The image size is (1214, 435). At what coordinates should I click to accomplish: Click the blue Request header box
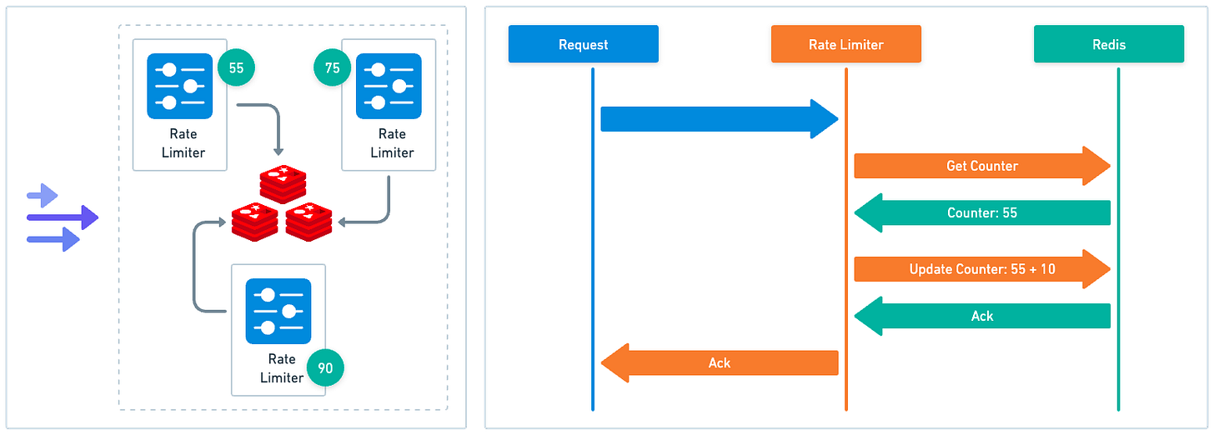(583, 44)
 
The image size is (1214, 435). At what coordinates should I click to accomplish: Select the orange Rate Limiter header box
(845, 44)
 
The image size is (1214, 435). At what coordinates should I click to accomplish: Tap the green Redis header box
(1108, 44)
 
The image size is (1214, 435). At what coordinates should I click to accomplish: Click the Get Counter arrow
(981, 166)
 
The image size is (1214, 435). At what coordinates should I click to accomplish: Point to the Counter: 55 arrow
(981, 212)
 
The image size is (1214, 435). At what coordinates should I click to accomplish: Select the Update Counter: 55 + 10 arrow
(981, 269)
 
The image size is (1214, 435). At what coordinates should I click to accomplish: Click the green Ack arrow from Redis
(981, 316)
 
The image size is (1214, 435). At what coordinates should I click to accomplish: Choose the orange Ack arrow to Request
(719, 362)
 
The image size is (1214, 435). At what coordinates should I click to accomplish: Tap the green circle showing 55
(236, 68)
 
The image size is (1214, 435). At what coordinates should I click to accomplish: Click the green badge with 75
(333, 68)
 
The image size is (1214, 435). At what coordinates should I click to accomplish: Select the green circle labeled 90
(325, 367)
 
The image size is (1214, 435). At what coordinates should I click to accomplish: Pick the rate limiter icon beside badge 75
(389, 86)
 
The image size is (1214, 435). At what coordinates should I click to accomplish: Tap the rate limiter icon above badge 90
(278, 311)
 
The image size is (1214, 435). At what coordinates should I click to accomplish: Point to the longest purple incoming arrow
(63, 218)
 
